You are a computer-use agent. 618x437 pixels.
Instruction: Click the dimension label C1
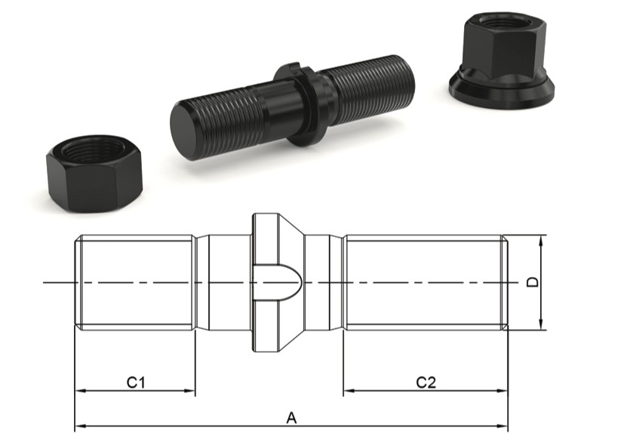(x=135, y=383)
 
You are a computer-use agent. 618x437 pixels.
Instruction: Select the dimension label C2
(x=426, y=383)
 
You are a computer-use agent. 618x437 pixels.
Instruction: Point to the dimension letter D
(x=532, y=282)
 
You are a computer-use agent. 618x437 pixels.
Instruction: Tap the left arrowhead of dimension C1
(x=78, y=392)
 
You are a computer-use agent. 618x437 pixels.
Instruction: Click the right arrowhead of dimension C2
(x=503, y=392)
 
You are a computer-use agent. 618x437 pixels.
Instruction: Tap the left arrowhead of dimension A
(x=78, y=426)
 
